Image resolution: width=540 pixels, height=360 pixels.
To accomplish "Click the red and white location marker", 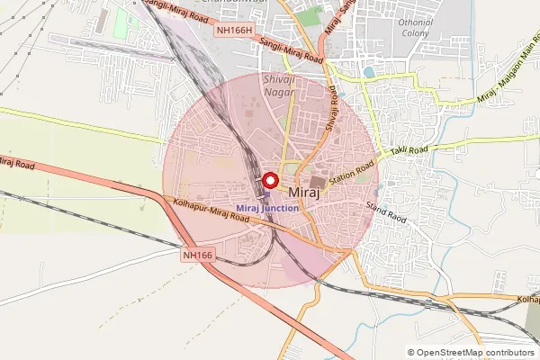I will (x=269, y=179).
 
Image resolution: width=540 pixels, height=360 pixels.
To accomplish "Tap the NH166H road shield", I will (x=237, y=30).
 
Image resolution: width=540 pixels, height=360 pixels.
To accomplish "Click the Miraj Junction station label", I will (x=267, y=208).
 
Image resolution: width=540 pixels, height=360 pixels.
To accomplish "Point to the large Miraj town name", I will (x=307, y=193).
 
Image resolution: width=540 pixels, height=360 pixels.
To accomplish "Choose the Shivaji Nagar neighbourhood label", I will (x=278, y=86).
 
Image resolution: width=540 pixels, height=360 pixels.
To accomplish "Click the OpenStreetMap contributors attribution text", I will (x=476, y=353).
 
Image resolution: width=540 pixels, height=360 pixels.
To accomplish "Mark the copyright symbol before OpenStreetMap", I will (x=411, y=353).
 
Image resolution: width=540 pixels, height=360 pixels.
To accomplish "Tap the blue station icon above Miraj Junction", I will (x=265, y=193).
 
